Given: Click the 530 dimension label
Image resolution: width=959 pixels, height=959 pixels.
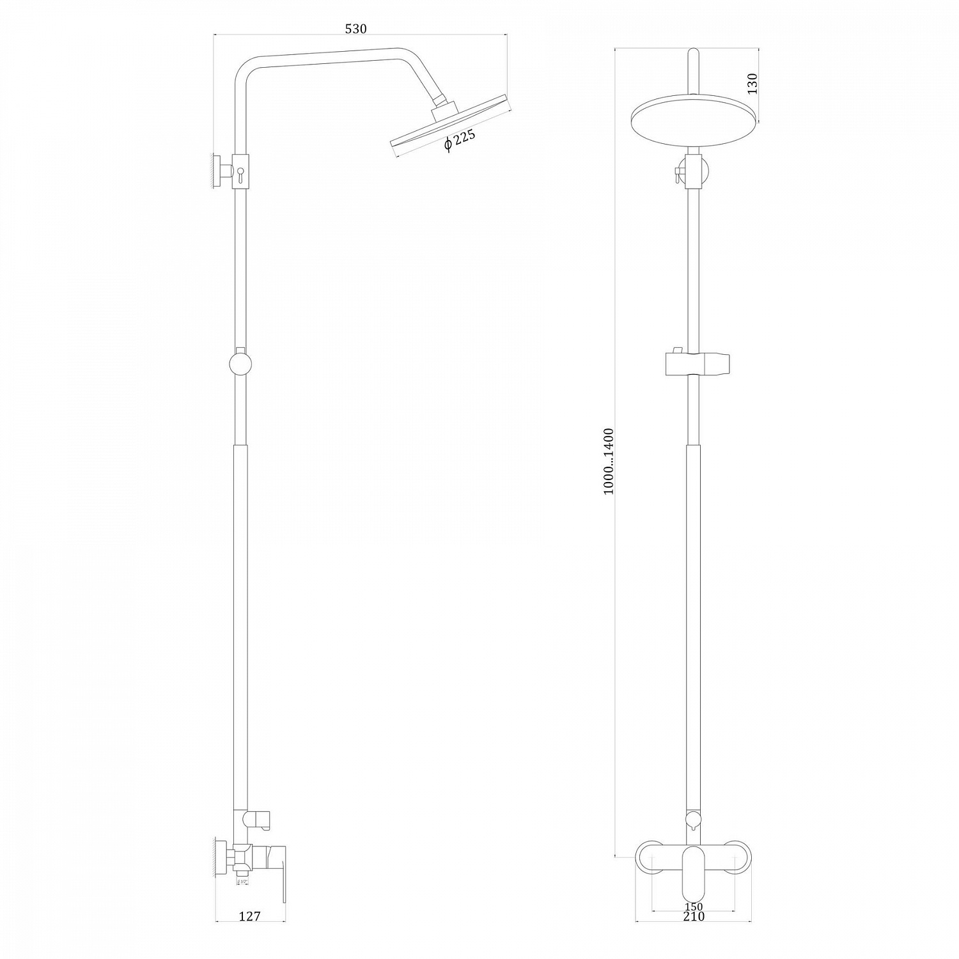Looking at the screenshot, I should (355, 29).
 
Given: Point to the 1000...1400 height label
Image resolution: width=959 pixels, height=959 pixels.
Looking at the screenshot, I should (608, 460).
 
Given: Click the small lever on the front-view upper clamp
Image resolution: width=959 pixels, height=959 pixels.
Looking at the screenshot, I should (674, 174).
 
